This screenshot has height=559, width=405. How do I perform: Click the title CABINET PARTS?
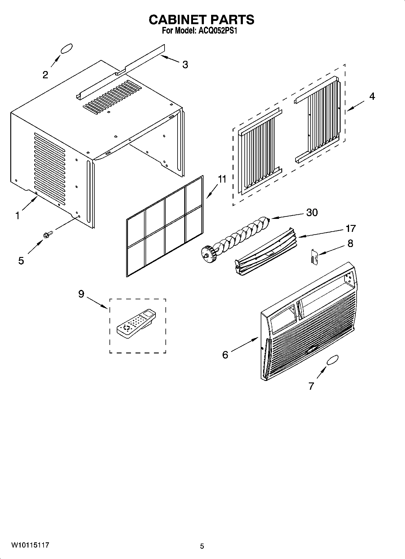(x=201, y=20)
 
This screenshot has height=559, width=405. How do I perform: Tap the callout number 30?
(x=312, y=213)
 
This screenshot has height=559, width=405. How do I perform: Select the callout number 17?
(x=351, y=228)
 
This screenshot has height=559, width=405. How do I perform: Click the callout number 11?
(x=222, y=179)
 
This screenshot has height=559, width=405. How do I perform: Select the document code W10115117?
(x=30, y=545)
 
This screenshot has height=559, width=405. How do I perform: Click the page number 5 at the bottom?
(x=202, y=546)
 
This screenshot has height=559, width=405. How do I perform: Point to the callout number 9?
(x=81, y=294)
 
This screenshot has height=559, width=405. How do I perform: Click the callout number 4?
(x=372, y=96)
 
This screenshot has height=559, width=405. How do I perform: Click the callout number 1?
(x=18, y=216)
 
